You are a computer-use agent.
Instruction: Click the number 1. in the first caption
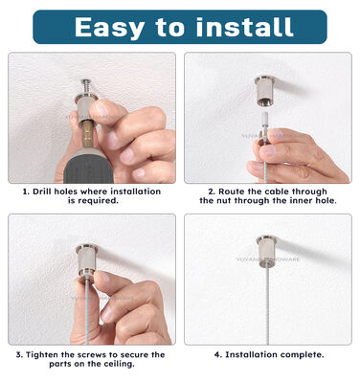(26, 191)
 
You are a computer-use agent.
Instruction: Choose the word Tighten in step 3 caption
(46, 354)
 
